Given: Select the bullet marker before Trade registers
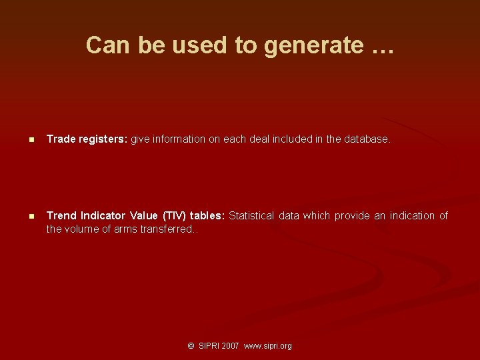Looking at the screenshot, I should (31, 140).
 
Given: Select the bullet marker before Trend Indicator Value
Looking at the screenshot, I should (31, 216).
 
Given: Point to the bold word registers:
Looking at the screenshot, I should (103, 139).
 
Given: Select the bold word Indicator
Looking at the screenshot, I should (103, 215).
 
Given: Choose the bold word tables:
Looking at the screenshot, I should (207, 215).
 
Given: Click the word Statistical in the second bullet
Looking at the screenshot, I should (252, 215).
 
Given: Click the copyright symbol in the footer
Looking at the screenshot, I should (191, 346).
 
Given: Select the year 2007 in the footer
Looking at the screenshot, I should (231, 346).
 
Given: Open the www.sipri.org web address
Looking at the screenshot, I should (268, 346).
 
